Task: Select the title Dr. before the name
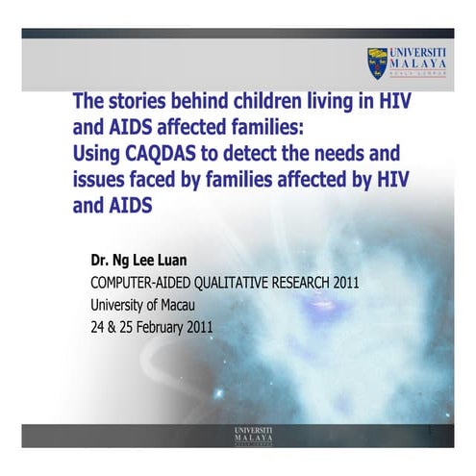click(103, 261)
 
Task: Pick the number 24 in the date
click(98, 327)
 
